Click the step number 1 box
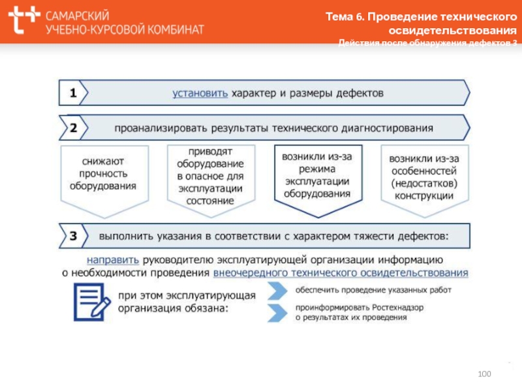pos(73,93)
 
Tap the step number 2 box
pos(73,127)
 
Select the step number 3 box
pos(73,234)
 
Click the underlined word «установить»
pos(200,93)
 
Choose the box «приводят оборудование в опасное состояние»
pos(210,176)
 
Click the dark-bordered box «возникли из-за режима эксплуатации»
pos(317,175)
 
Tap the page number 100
pos(484,373)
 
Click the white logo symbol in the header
pos(23,22)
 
